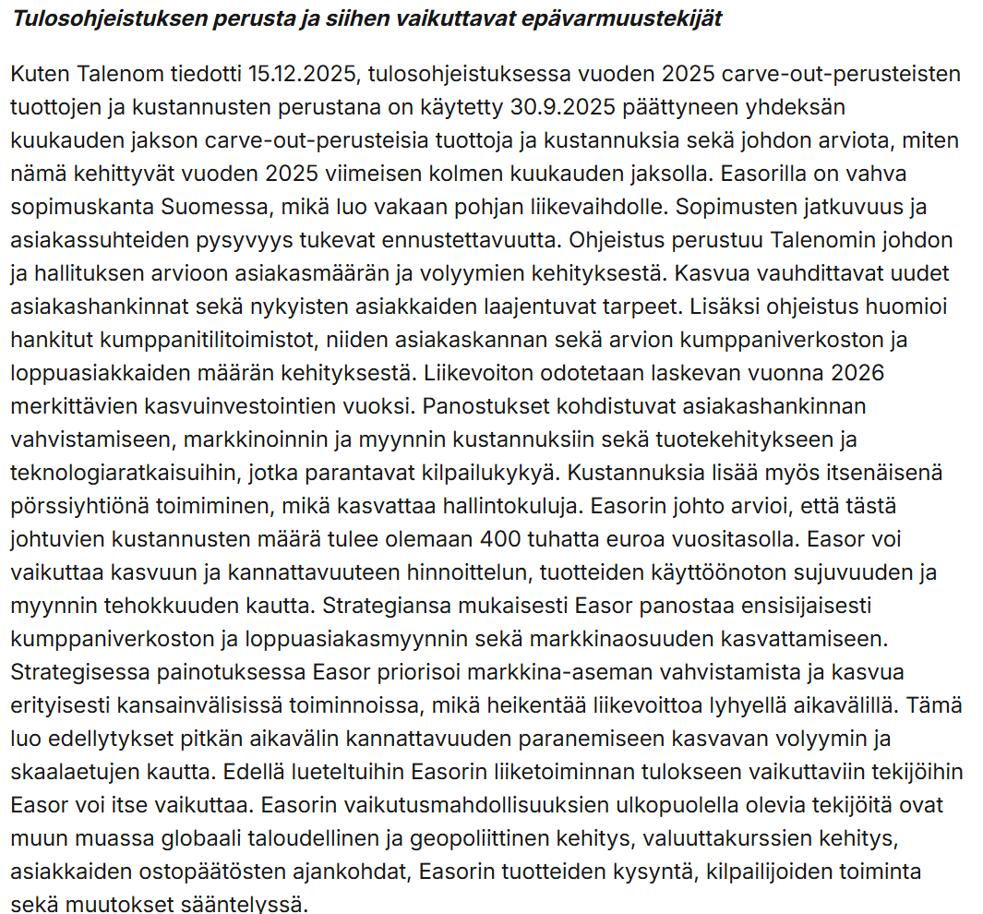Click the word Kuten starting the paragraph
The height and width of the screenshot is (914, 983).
click(35, 73)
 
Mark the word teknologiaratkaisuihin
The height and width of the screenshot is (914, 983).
click(118, 472)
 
